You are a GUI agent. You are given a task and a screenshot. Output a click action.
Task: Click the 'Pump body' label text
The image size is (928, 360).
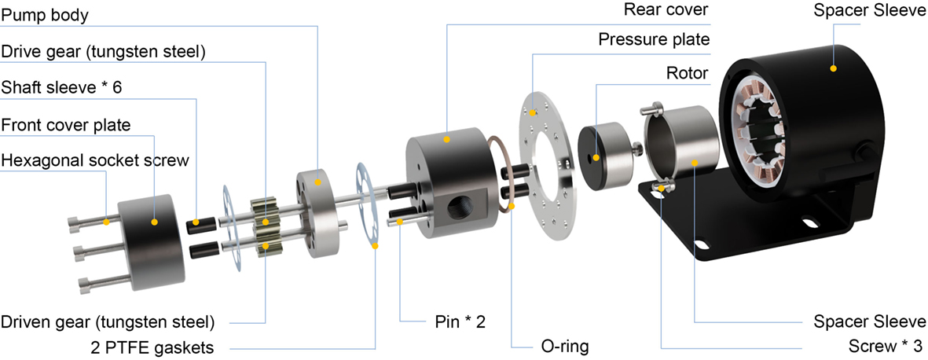44,16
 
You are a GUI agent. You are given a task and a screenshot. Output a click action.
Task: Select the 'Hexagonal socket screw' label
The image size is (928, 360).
95,160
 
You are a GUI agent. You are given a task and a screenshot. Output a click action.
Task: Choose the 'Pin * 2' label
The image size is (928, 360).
463,321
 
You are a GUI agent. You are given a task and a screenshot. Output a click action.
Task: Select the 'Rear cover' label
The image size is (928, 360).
666,11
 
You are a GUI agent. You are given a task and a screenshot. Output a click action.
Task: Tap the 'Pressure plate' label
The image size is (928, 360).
654,39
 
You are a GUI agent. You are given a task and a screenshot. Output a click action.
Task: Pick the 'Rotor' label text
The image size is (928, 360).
687,73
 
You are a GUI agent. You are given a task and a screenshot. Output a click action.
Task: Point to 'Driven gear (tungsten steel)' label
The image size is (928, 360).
107,321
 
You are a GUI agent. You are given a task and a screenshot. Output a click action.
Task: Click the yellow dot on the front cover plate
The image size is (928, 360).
155,222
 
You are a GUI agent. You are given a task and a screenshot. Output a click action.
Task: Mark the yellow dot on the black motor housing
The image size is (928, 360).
834,69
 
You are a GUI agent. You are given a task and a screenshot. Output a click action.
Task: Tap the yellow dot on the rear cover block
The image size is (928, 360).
446,139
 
